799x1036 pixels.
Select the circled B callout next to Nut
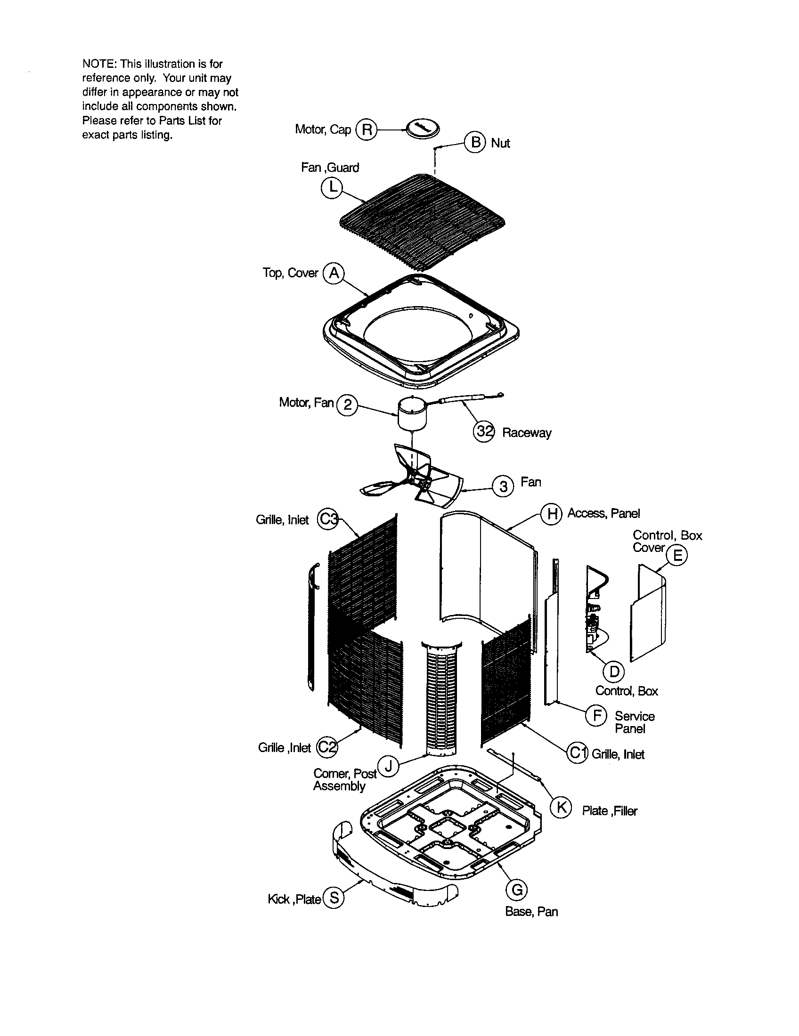click(x=475, y=142)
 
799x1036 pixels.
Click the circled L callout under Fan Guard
click(x=331, y=187)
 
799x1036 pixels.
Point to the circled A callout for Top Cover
click(x=334, y=273)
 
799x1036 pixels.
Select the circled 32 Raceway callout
click(x=484, y=432)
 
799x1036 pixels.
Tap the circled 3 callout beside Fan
click(x=503, y=486)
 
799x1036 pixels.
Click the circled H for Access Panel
click(x=551, y=513)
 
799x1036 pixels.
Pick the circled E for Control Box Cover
click(x=677, y=555)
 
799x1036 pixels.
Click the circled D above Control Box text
click(x=614, y=671)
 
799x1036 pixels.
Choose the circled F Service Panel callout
click(x=596, y=715)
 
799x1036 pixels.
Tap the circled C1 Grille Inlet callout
click(x=577, y=753)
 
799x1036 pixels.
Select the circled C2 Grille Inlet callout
click(x=326, y=747)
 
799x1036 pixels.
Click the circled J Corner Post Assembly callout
click(x=388, y=766)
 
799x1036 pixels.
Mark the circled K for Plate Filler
click(x=561, y=807)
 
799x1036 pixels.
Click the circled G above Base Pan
click(x=517, y=890)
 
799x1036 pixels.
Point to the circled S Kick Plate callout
click(x=334, y=898)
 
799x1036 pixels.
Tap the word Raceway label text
click(x=527, y=433)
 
